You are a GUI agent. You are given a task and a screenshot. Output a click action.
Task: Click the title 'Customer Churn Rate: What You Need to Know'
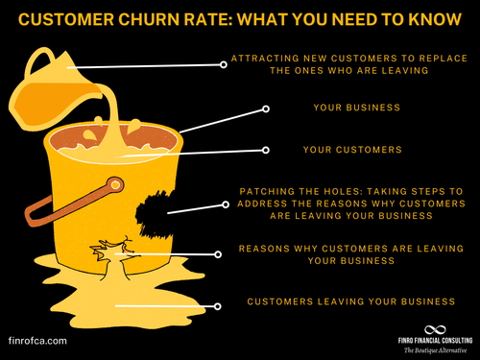pyautogui.click(x=239, y=17)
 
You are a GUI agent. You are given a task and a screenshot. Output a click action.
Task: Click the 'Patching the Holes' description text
pyautogui.click(x=350, y=204)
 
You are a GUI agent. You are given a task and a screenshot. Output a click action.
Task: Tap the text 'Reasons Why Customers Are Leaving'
pyautogui.click(x=350, y=254)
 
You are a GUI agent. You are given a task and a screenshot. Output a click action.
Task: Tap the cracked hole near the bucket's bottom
pyautogui.click(x=105, y=253)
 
